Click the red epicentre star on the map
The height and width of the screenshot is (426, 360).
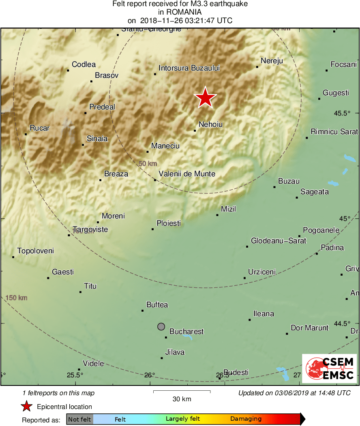[206, 98]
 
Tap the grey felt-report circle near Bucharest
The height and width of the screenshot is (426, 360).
[161, 326]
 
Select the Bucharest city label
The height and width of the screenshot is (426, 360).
[186, 332]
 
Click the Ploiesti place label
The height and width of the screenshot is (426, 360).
[169, 223]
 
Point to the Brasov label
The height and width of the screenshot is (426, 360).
[107, 75]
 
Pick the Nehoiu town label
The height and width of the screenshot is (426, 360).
[211, 124]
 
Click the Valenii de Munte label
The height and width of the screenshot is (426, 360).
[187, 174]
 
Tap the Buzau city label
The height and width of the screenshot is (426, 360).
[289, 181]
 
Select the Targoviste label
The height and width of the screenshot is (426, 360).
[90, 229]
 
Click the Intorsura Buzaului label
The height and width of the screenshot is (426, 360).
[189, 68]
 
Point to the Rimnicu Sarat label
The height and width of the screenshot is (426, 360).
[334, 132]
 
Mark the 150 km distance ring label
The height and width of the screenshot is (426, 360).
[17, 298]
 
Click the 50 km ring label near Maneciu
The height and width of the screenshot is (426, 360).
[148, 164]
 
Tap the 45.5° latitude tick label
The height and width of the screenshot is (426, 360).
[342, 113]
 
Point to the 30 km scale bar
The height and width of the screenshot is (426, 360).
[182, 392]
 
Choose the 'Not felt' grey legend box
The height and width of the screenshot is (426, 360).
[79, 419]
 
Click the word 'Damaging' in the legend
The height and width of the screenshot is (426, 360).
[246, 419]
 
